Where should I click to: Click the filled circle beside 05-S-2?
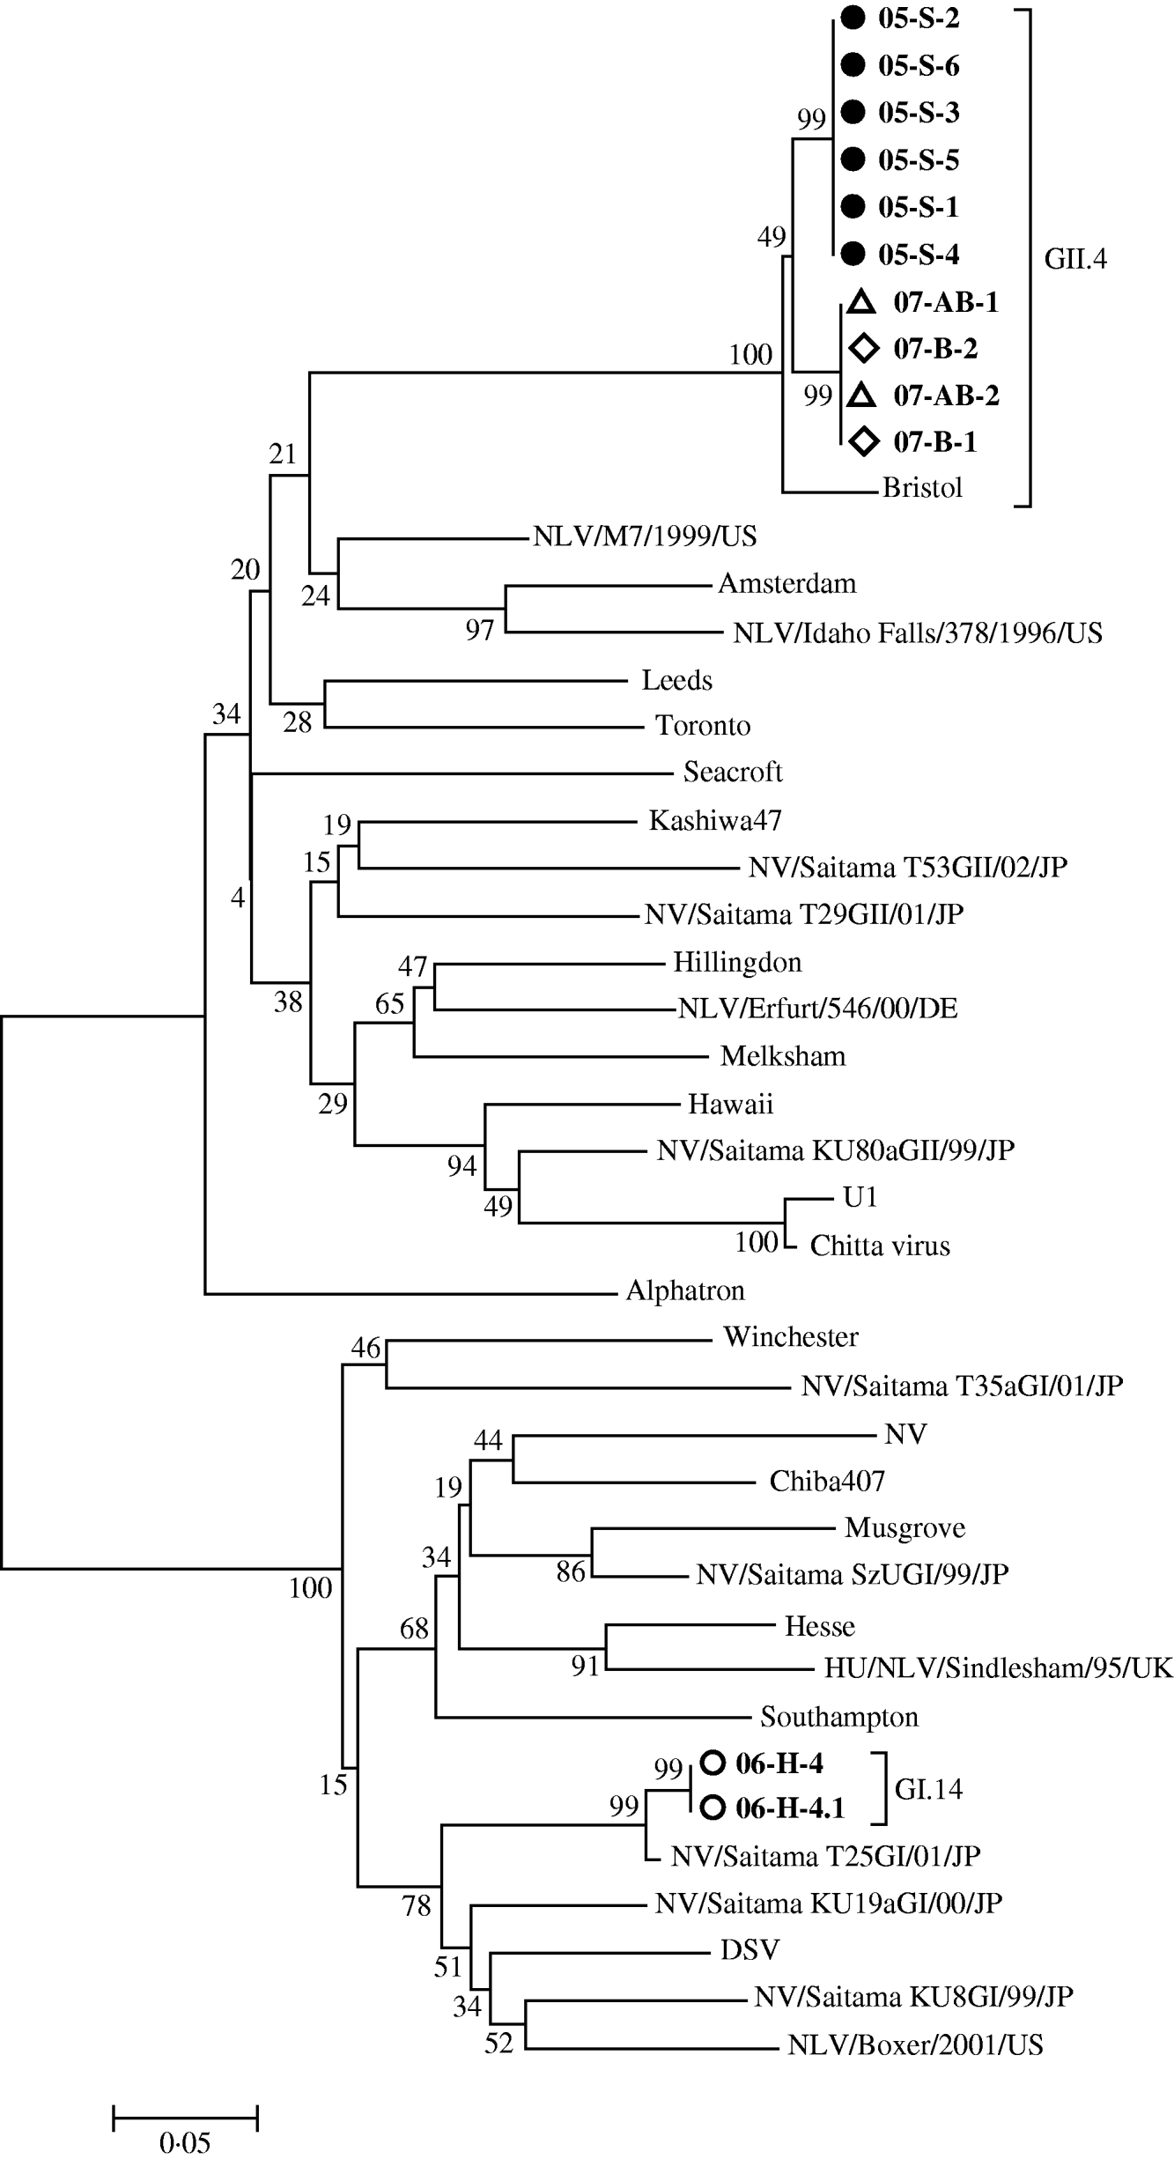853,18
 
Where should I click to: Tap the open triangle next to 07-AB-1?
861,302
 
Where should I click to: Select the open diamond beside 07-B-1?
864,441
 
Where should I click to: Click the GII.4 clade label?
1074,259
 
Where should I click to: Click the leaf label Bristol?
922,488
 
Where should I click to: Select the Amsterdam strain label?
786,583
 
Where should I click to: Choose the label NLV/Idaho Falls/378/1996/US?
917,632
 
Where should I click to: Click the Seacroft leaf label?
733,772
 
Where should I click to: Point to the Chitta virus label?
879,1245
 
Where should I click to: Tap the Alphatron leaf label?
685,1290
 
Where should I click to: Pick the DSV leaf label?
749,1949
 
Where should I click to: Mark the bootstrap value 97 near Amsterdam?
480,630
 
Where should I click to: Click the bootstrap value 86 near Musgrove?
571,1571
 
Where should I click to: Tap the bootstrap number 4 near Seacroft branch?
238,899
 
